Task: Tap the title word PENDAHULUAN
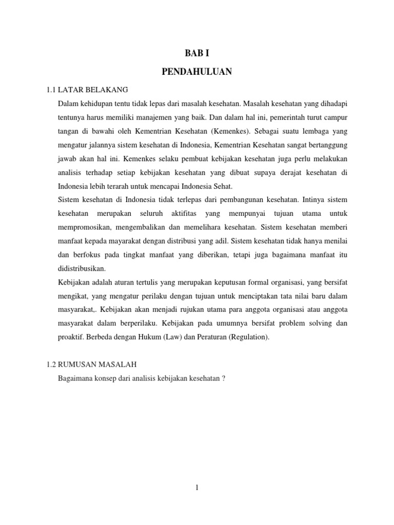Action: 197,72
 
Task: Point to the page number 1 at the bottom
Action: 197,488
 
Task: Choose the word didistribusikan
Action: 83,269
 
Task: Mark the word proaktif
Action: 73,337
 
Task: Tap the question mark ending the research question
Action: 224,378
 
